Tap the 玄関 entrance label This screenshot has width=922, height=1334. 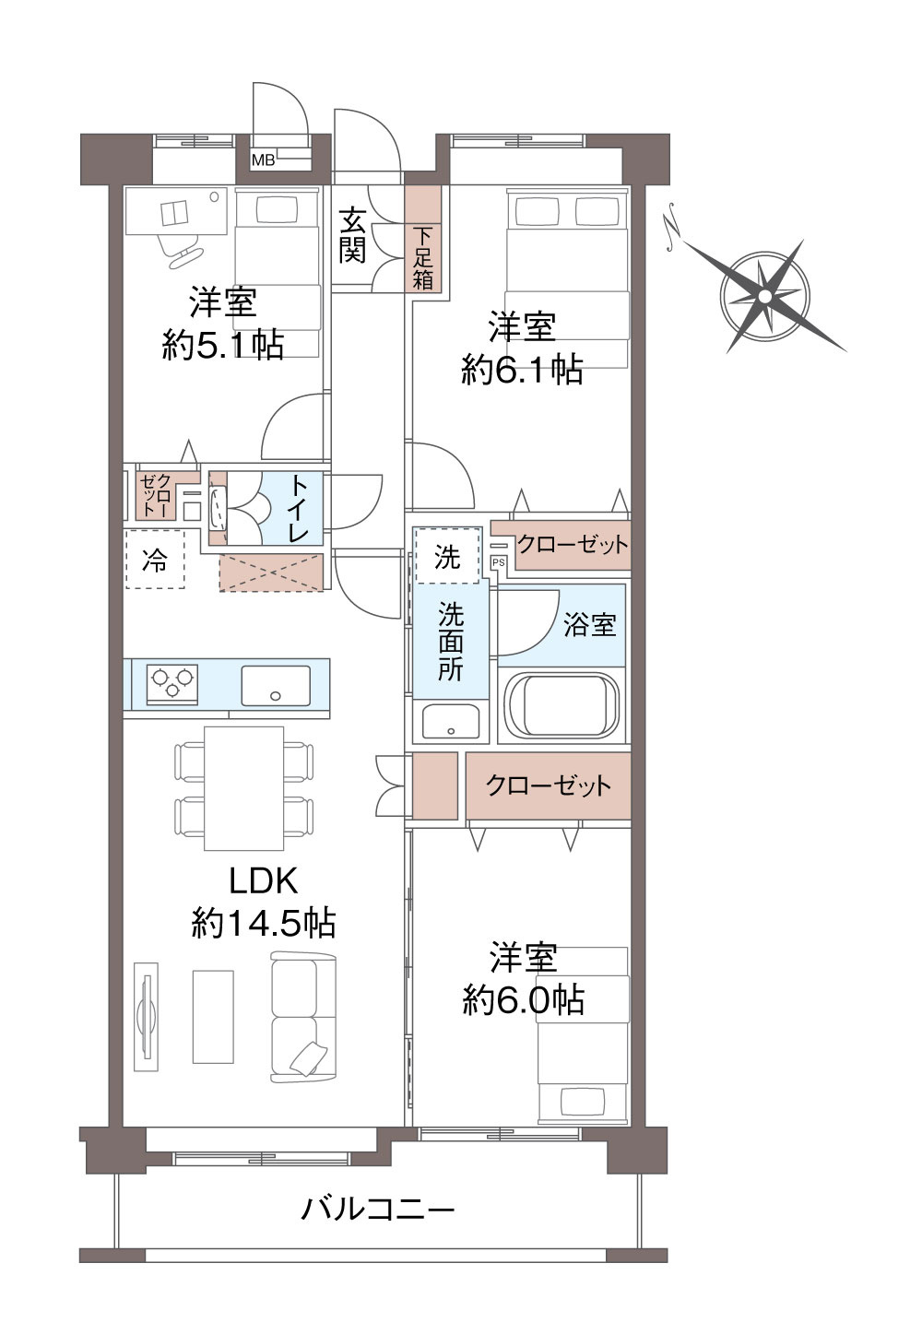click(352, 235)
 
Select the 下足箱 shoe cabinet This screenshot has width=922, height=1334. click(423, 240)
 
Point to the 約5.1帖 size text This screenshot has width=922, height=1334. click(223, 345)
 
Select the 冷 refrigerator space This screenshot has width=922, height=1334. click(155, 559)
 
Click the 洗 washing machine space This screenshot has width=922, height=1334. click(447, 555)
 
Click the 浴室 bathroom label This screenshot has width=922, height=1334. click(590, 624)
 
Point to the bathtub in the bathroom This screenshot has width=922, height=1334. click(562, 706)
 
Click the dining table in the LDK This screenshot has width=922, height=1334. click(243, 788)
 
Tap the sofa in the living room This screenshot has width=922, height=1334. click(303, 1017)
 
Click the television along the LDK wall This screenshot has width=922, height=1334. click(143, 1016)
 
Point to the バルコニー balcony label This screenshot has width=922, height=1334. click(378, 1208)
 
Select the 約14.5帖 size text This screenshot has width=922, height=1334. click(264, 922)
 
